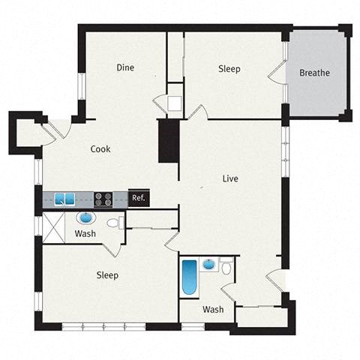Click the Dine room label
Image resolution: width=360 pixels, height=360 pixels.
(125, 67)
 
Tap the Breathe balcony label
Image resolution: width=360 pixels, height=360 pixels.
(314, 73)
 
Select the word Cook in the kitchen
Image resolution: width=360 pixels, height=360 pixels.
(100, 148)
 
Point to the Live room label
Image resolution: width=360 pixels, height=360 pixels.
(230, 178)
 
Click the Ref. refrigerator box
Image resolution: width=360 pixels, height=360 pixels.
(139, 198)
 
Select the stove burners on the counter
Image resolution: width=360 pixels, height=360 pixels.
(103, 199)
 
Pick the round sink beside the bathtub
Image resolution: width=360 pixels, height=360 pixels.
(209, 265)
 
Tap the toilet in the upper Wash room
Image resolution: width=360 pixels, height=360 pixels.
(115, 223)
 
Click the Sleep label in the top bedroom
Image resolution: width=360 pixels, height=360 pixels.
(229, 69)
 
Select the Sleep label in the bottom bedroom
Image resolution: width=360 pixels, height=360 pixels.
(107, 275)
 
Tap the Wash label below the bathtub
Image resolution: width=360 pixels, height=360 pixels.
(213, 309)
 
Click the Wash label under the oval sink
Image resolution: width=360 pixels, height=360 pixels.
(85, 234)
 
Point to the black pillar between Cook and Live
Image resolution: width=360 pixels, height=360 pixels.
(169, 141)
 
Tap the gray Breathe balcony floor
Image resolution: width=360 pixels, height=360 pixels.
(315, 94)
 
